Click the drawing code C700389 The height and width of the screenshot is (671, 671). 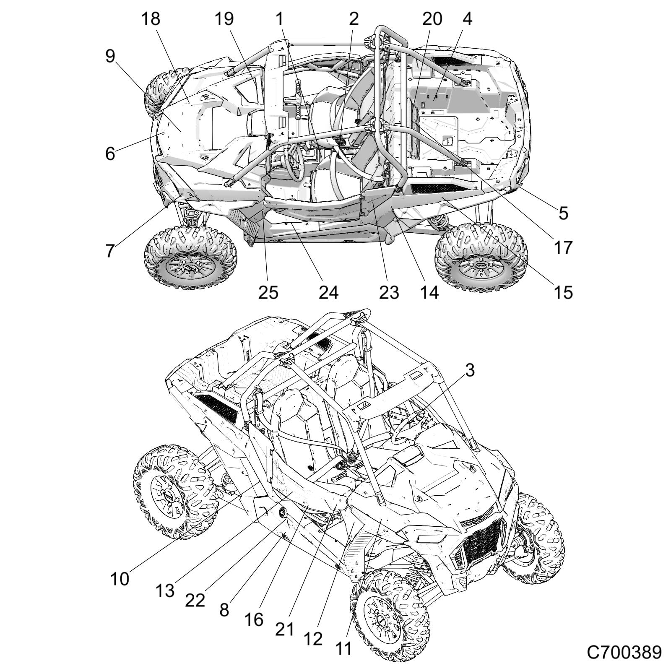(x=624, y=653)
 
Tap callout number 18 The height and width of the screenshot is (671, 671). (x=151, y=19)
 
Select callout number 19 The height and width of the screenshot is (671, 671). (x=224, y=19)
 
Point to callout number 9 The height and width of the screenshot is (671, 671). (x=110, y=56)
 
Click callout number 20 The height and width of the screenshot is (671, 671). (x=432, y=19)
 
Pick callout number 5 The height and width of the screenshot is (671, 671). (x=563, y=213)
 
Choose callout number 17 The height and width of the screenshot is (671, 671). (x=563, y=247)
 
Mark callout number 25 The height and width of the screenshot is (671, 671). (x=268, y=292)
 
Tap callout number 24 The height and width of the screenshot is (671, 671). (x=328, y=292)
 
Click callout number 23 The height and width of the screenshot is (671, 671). (x=389, y=292)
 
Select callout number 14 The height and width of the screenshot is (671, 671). (x=429, y=292)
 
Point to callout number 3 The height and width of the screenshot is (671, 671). (x=470, y=370)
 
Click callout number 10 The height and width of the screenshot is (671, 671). (x=120, y=579)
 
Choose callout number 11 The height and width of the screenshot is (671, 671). (x=343, y=648)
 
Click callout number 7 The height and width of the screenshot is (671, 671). (x=109, y=251)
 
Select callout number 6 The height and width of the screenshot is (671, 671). (x=110, y=153)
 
